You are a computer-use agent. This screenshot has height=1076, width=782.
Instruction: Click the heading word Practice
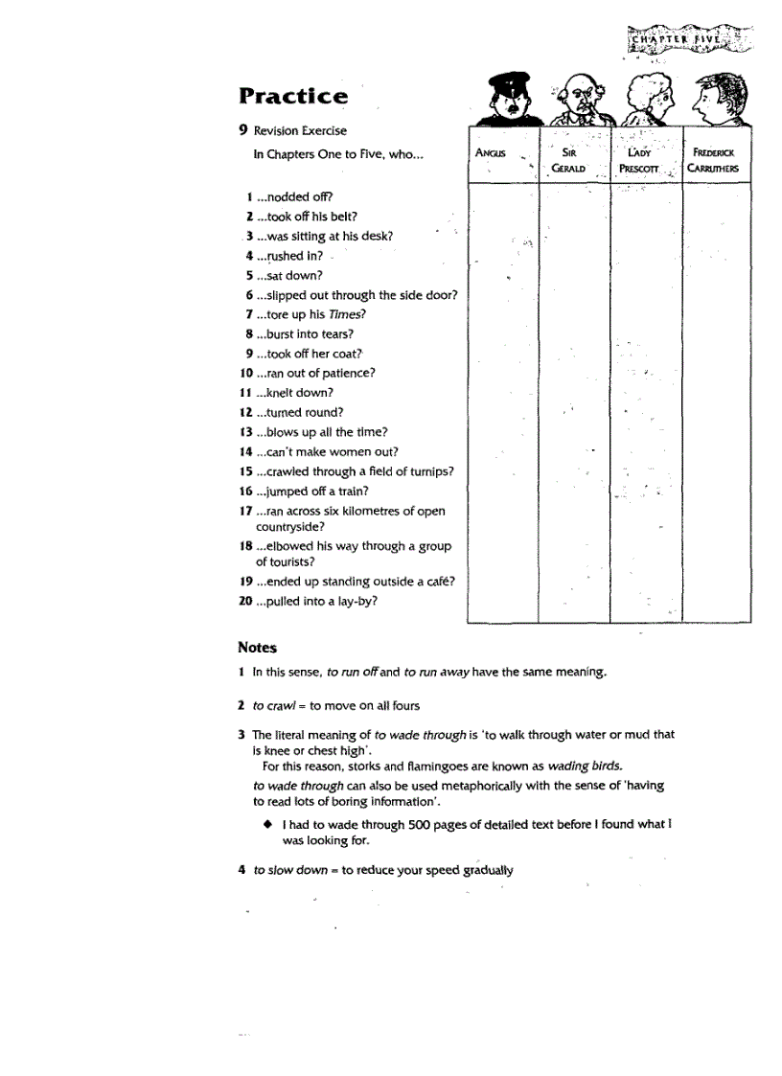[x=293, y=96]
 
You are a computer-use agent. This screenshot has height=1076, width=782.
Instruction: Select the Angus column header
[x=491, y=152]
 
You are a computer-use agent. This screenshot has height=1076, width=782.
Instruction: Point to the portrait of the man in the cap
[x=503, y=100]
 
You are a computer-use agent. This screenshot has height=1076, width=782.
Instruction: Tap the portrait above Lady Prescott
[x=644, y=100]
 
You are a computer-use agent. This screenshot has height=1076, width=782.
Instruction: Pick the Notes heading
[x=257, y=648]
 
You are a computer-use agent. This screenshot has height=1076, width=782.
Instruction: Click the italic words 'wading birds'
[x=585, y=766]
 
